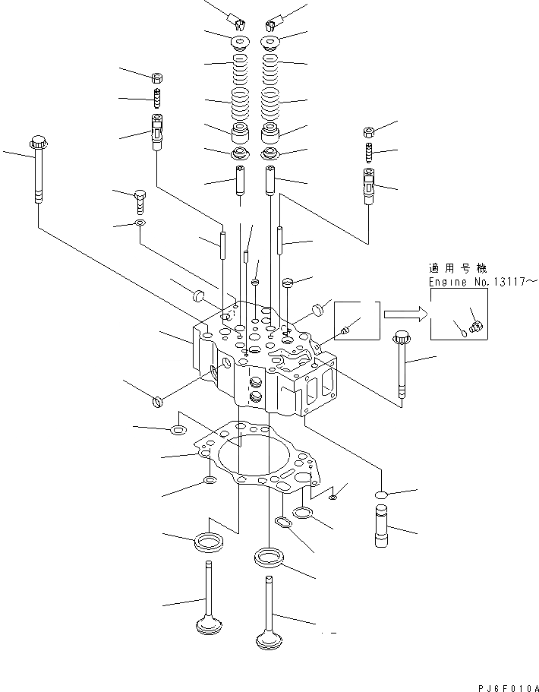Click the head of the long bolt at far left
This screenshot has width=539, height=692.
click(38, 141)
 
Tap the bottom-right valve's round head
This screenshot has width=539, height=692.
click(269, 640)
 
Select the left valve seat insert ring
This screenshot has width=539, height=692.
click(209, 542)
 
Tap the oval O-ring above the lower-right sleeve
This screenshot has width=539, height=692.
click(382, 495)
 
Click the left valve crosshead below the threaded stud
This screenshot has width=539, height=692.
click(157, 131)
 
